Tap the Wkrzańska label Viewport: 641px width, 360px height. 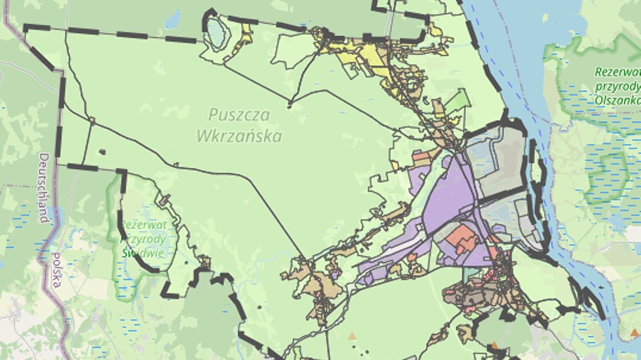click(239, 136)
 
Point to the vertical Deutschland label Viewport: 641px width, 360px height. click(44, 188)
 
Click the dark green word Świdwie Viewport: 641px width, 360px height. click(143, 253)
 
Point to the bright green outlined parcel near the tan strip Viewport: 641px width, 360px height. click(458, 101)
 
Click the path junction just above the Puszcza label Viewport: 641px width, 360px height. click(290, 103)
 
